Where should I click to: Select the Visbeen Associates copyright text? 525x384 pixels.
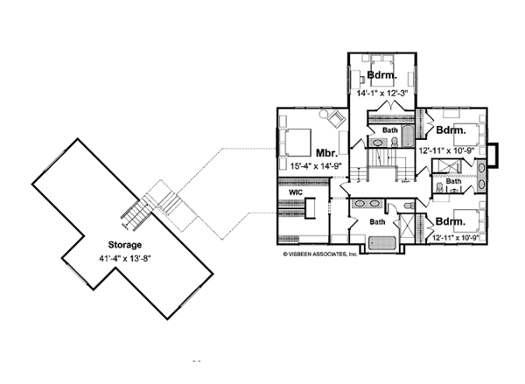click(320, 255)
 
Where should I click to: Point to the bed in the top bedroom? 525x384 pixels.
click(382, 63)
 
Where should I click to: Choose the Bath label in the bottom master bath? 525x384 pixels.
click(377, 222)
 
